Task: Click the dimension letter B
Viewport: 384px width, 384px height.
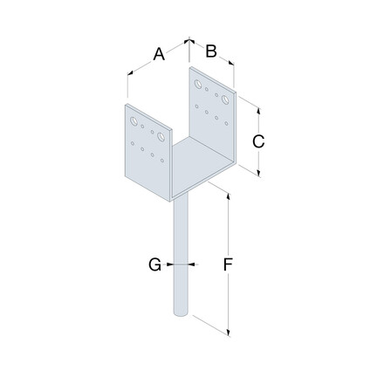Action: [x=210, y=51]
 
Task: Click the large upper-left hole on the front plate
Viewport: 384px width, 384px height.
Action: [x=134, y=121]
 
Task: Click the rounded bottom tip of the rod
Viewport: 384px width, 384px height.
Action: [x=181, y=317]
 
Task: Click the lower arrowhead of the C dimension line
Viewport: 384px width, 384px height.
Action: [x=259, y=174]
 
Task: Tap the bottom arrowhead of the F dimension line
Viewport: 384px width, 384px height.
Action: [x=228, y=333]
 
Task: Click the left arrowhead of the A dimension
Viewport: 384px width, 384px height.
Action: [x=128, y=74]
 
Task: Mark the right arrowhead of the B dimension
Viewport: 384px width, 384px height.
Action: [x=234, y=62]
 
